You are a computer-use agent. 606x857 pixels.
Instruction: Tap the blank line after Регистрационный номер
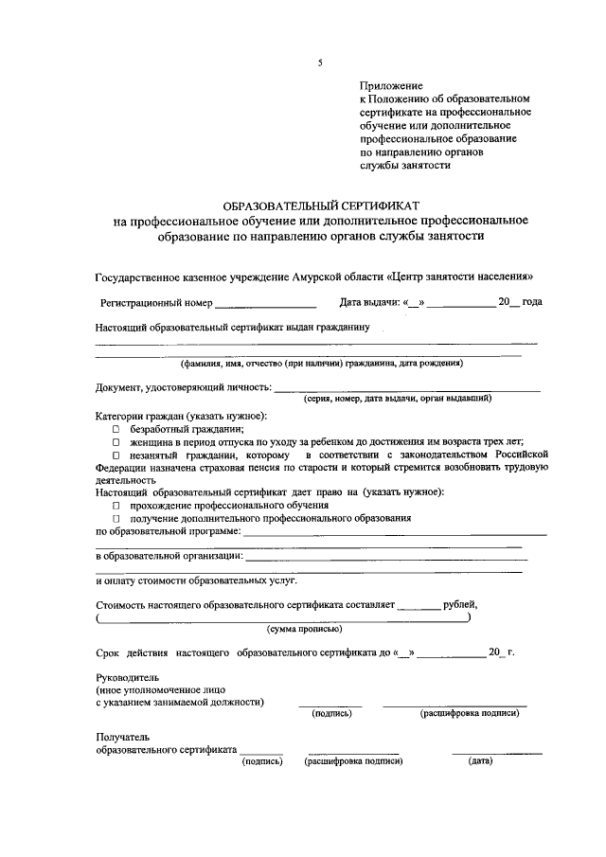265,304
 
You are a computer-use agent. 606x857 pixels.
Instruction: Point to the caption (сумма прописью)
305,629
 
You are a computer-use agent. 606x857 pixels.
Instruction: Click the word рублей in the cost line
460,603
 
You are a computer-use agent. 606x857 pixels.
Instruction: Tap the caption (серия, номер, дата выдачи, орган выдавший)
397,399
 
